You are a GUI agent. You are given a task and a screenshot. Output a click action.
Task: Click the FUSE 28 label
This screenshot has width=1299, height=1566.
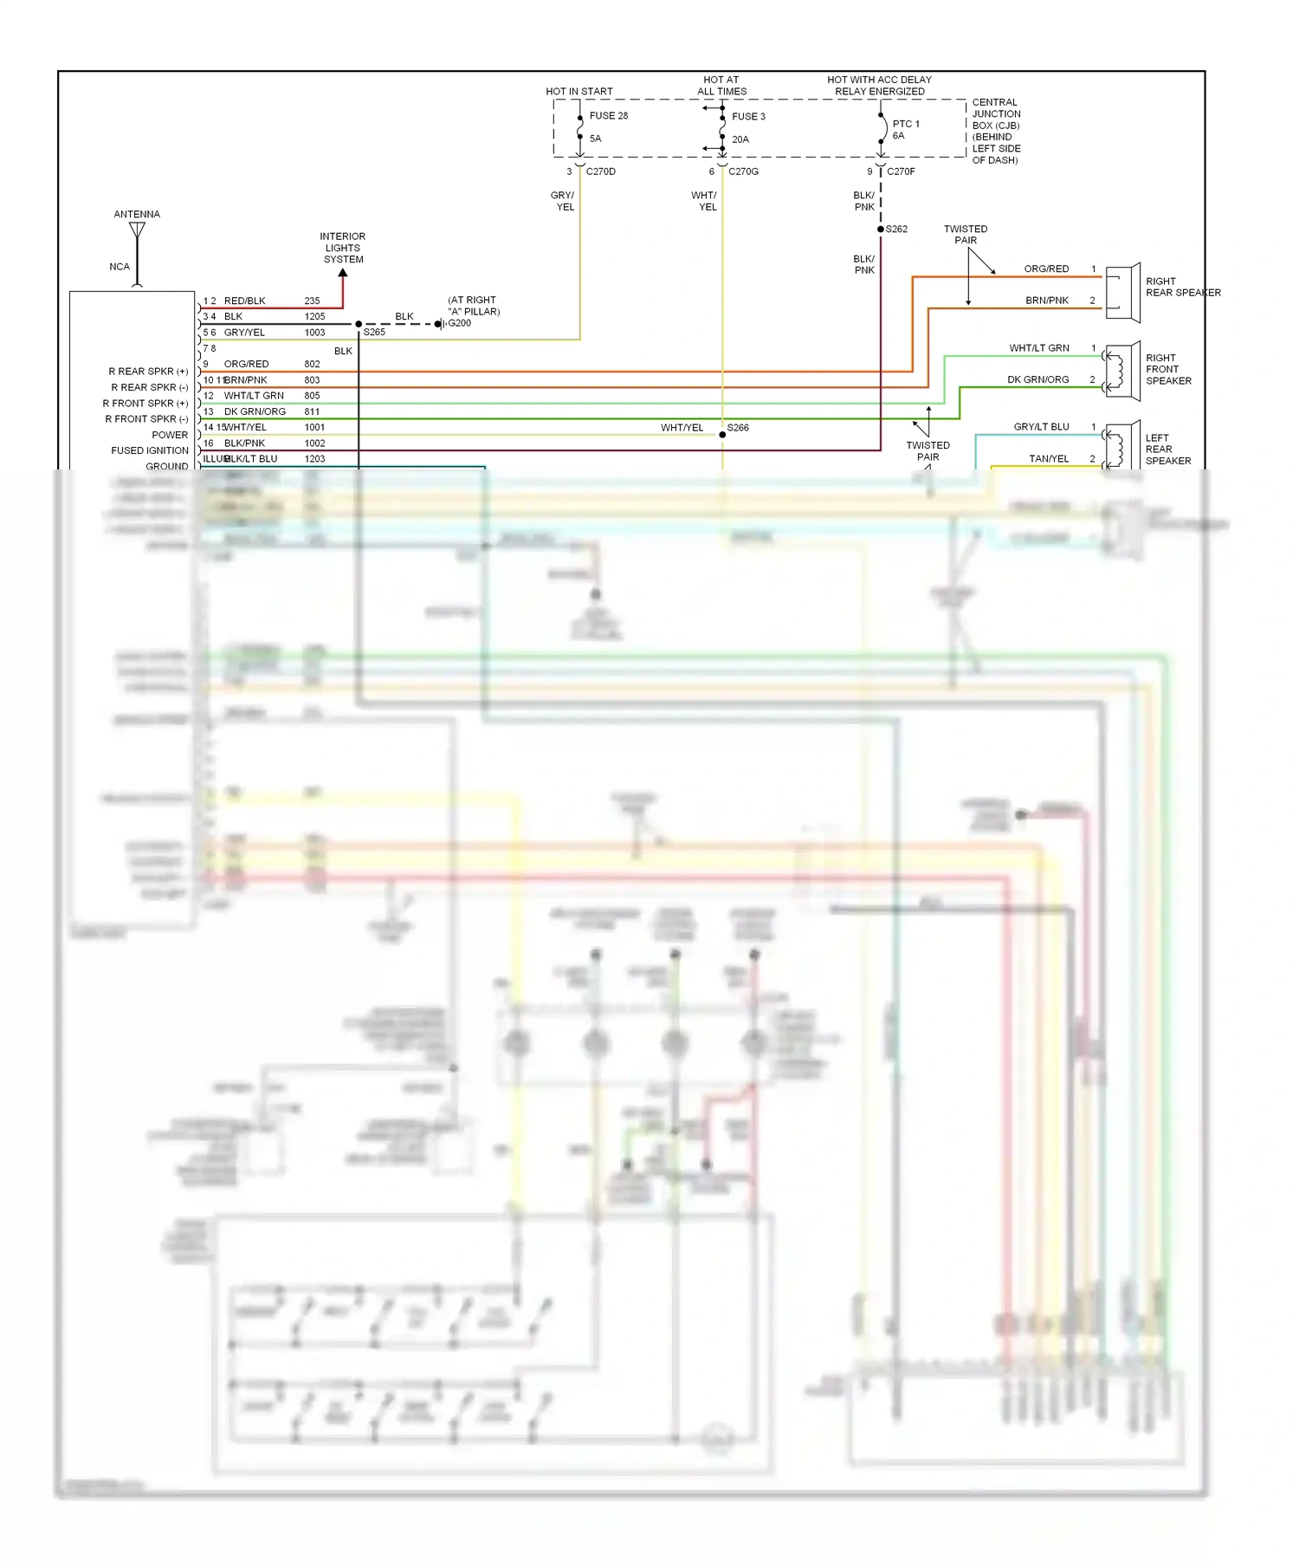pos(609,116)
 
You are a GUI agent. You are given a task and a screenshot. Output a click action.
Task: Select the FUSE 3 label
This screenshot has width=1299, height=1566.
pos(748,117)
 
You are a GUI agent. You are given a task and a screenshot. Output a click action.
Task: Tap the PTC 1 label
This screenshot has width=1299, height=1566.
pos(906,125)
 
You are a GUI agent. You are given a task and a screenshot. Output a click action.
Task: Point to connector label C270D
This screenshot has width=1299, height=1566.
pos(600,171)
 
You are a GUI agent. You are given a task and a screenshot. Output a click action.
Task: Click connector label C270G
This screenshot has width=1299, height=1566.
pos(743,171)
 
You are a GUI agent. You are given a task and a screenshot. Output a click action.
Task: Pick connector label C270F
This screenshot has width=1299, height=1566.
pos(901,171)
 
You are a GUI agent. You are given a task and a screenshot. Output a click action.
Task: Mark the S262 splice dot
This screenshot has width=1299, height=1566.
pos(881,230)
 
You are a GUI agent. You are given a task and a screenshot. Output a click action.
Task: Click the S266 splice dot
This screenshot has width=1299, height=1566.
pos(722,435)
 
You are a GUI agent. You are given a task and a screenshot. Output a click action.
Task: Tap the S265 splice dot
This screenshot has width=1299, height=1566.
pos(359,324)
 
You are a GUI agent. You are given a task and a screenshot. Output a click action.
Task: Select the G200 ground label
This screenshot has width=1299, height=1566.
pos(459,323)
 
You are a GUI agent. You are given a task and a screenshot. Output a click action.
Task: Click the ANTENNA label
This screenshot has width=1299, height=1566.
pos(137,215)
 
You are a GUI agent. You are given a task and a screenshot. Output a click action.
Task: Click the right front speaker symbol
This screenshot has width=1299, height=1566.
pos(1123,371)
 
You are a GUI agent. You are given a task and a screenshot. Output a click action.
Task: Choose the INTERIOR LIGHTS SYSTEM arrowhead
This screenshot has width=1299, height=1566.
pos(343,273)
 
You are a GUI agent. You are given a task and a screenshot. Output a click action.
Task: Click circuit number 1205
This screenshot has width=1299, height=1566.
pos(314,317)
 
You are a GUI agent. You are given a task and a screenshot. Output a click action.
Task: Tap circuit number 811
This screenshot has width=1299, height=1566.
pos(312,412)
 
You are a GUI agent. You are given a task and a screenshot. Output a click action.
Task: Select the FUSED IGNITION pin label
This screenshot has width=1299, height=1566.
pos(150,451)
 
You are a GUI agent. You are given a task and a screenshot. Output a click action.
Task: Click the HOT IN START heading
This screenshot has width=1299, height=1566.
pos(578,92)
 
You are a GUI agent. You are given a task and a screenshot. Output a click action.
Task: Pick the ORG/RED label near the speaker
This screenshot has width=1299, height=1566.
pos(1046,269)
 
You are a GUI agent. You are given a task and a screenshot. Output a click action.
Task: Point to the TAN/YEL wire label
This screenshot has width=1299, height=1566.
pos(1049,459)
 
